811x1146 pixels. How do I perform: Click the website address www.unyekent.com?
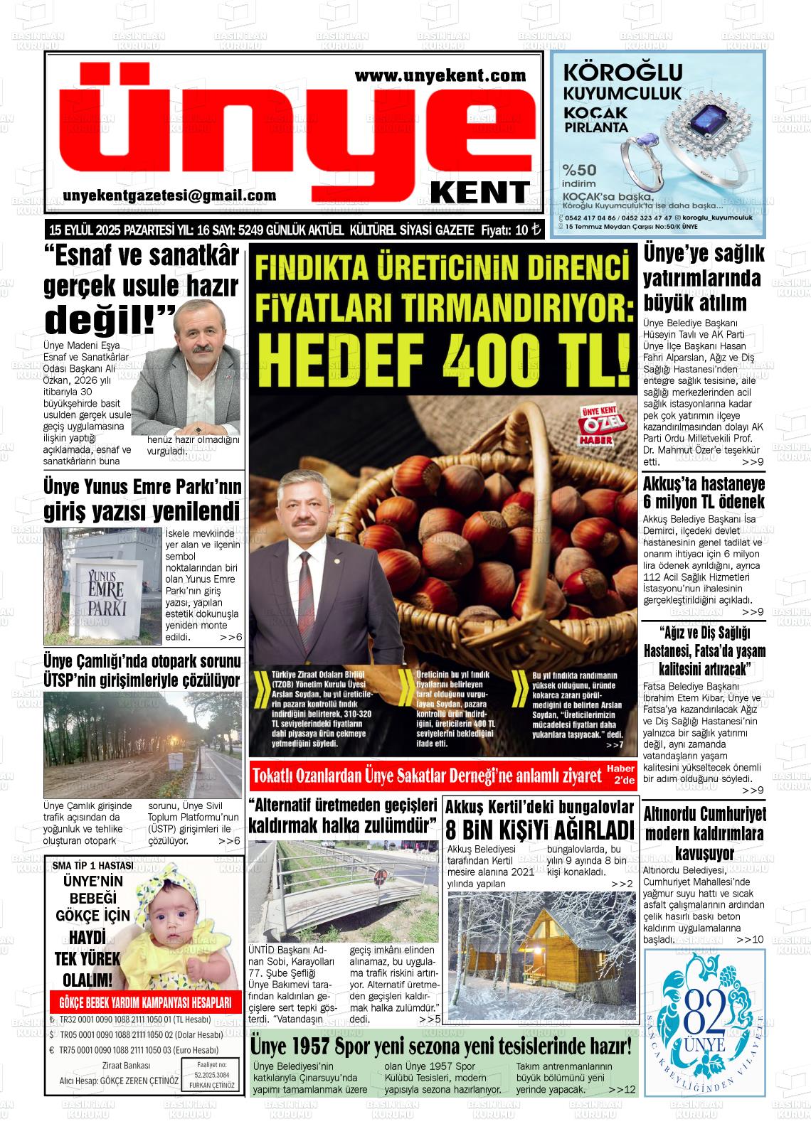[440, 75]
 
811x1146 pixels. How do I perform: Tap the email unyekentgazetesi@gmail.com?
[169, 196]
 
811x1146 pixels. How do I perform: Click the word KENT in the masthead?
[480, 192]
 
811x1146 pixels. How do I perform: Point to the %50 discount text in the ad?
[579, 170]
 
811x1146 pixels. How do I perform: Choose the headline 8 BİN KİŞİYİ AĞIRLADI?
[539, 830]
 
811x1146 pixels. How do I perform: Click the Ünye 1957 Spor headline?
[441, 1046]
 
